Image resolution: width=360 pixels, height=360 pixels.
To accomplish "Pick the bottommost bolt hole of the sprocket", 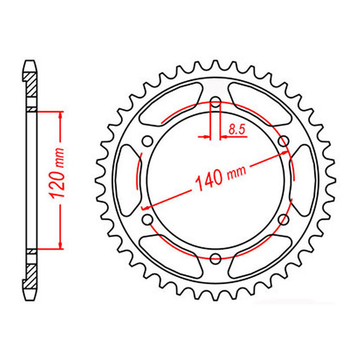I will pyautogui.click(x=215, y=259).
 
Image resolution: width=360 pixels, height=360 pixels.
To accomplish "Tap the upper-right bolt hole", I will pyautogui.click(x=284, y=141).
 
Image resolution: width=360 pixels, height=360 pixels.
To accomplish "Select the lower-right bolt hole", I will pyautogui.click(x=283, y=220).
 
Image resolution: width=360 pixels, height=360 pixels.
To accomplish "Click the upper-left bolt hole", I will pyautogui.click(x=146, y=141).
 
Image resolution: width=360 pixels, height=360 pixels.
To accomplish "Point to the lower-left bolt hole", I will pyautogui.click(x=147, y=220).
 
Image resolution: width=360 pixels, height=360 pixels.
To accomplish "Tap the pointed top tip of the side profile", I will pyautogui.click(x=30, y=63).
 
